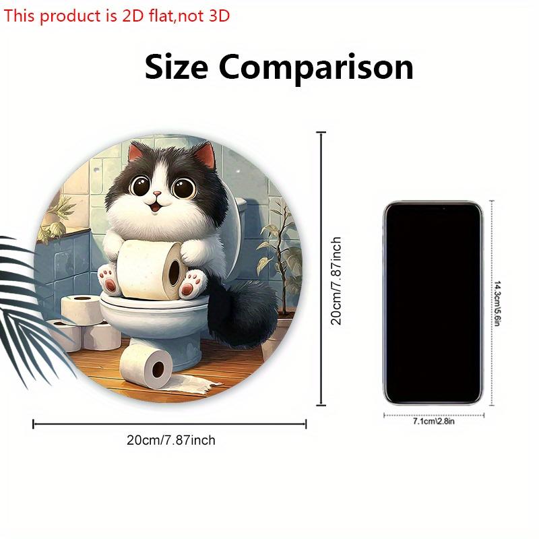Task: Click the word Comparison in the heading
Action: coord(316,69)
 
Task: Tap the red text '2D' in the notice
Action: coord(133,15)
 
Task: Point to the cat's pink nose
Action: coord(157,194)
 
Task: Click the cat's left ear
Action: coord(139,153)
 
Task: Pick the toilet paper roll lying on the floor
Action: coord(146,364)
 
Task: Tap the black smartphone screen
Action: coord(433,303)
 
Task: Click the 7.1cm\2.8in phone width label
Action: coord(433,421)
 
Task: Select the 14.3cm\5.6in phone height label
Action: coord(497,303)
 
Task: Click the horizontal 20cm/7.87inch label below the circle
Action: coord(171,441)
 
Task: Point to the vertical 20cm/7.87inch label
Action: coord(336,281)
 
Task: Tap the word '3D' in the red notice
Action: coord(219,15)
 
